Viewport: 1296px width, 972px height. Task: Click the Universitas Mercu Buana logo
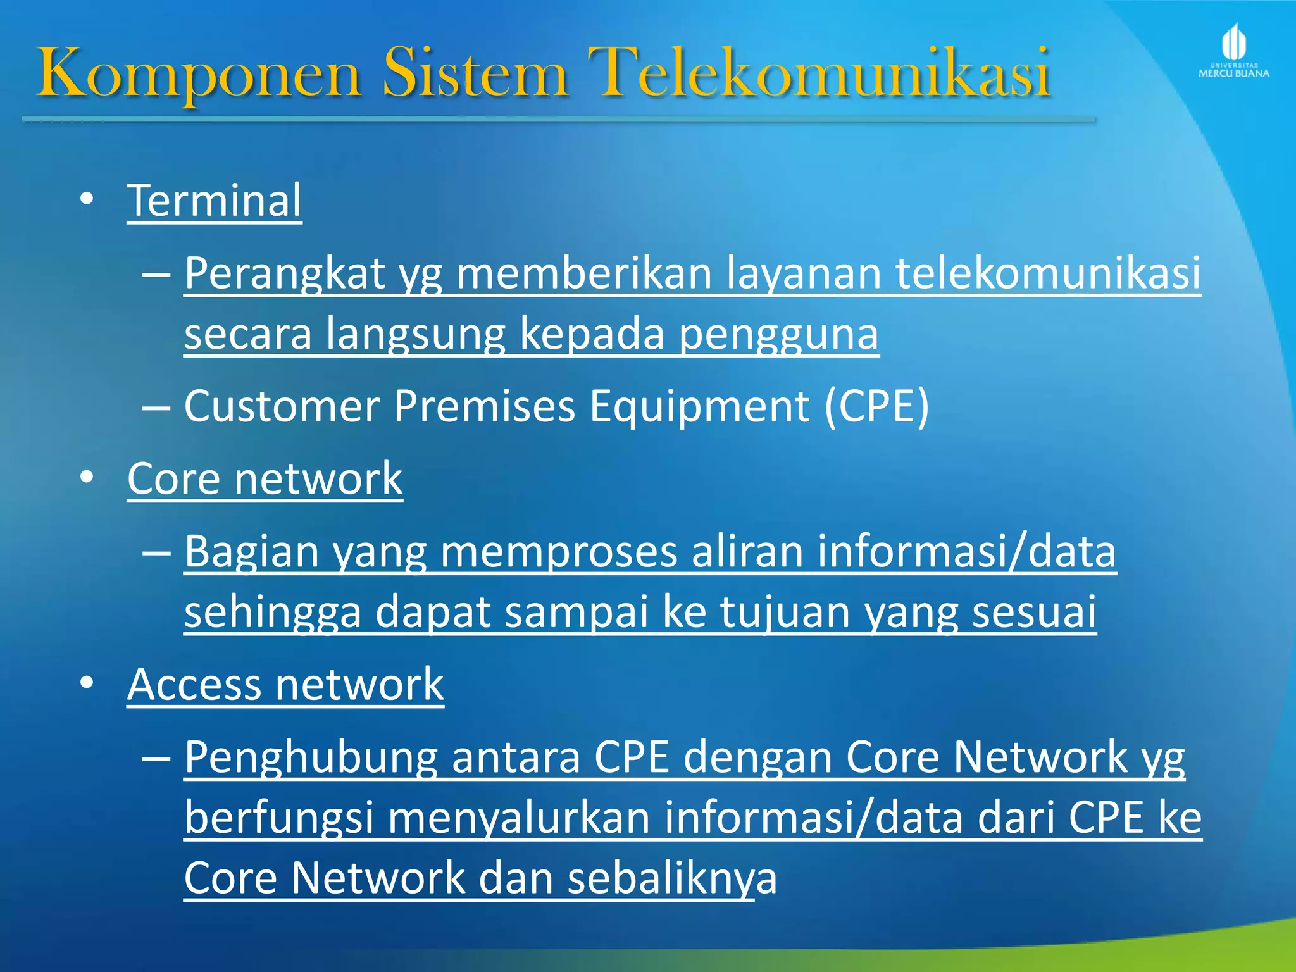click(x=1233, y=51)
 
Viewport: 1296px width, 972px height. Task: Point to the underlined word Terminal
click(x=215, y=201)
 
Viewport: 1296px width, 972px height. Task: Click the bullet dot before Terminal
click(x=87, y=199)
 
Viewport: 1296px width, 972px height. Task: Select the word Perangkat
click(x=285, y=274)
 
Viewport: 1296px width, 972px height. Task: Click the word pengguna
click(x=779, y=334)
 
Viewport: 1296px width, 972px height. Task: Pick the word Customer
click(x=282, y=406)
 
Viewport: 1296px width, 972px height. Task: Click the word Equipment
click(x=699, y=406)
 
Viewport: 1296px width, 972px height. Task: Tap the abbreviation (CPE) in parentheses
click(x=877, y=406)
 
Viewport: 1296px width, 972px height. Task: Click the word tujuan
click(x=785, y=612)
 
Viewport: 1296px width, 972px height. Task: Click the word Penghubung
click(x=311, y=757)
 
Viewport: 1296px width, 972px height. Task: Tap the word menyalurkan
click(x=519, y=818)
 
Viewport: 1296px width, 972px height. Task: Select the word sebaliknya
click(x=672, y=878)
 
